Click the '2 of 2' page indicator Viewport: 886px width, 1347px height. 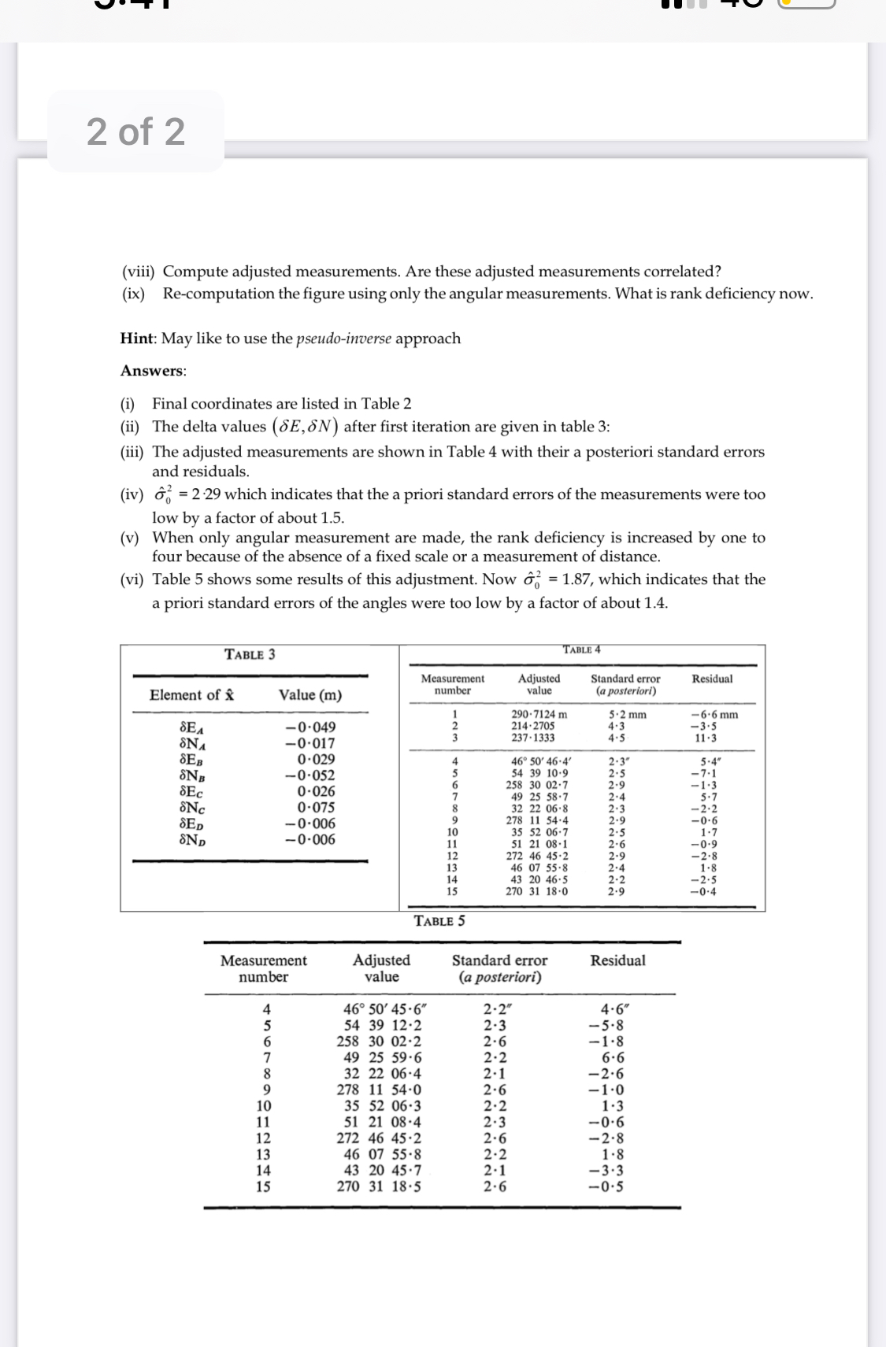pos(135,131)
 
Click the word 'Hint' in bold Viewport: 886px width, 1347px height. pos(138,339)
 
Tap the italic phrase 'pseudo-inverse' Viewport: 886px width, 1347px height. pos(343,339)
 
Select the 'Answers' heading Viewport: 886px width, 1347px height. pos(153,371)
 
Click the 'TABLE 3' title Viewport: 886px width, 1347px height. pos(250,654)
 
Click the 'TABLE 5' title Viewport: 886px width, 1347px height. pos(439,920)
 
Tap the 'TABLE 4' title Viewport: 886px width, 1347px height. pos(581,649)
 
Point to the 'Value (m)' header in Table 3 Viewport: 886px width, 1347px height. pos(310,695)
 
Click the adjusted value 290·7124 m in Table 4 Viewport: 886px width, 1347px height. pos(539,715)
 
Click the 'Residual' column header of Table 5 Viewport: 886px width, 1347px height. pos(617,960)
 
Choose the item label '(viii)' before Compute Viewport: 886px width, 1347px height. pos(138,272)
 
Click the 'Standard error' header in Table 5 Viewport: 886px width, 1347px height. pos(499,960)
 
